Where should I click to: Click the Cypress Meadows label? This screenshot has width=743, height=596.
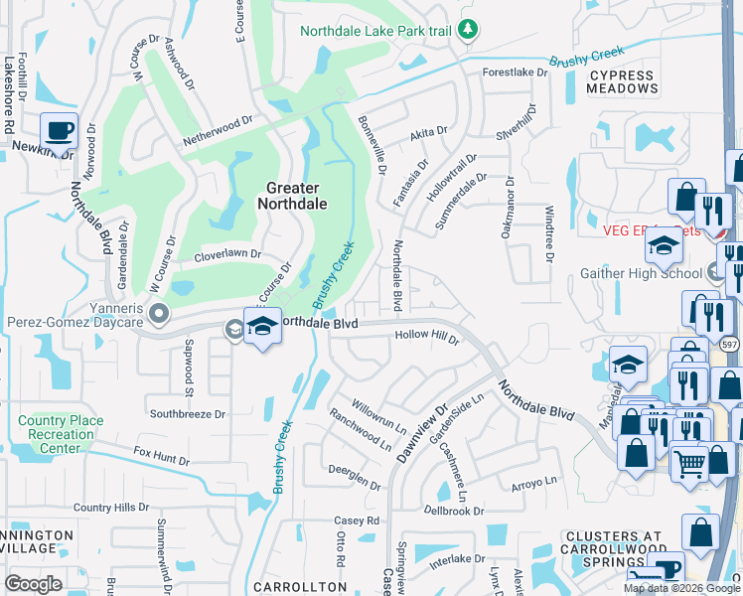[623, 81]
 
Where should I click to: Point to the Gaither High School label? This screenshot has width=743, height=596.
[641, 273]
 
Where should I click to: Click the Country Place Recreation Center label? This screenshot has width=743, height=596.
[61, 434]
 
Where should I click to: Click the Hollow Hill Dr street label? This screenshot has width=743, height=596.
[427, 337]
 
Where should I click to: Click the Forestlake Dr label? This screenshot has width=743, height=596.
[515, 73]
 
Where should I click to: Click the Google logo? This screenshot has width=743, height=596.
[33, 584]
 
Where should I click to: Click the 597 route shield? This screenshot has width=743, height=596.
[730, 344]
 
